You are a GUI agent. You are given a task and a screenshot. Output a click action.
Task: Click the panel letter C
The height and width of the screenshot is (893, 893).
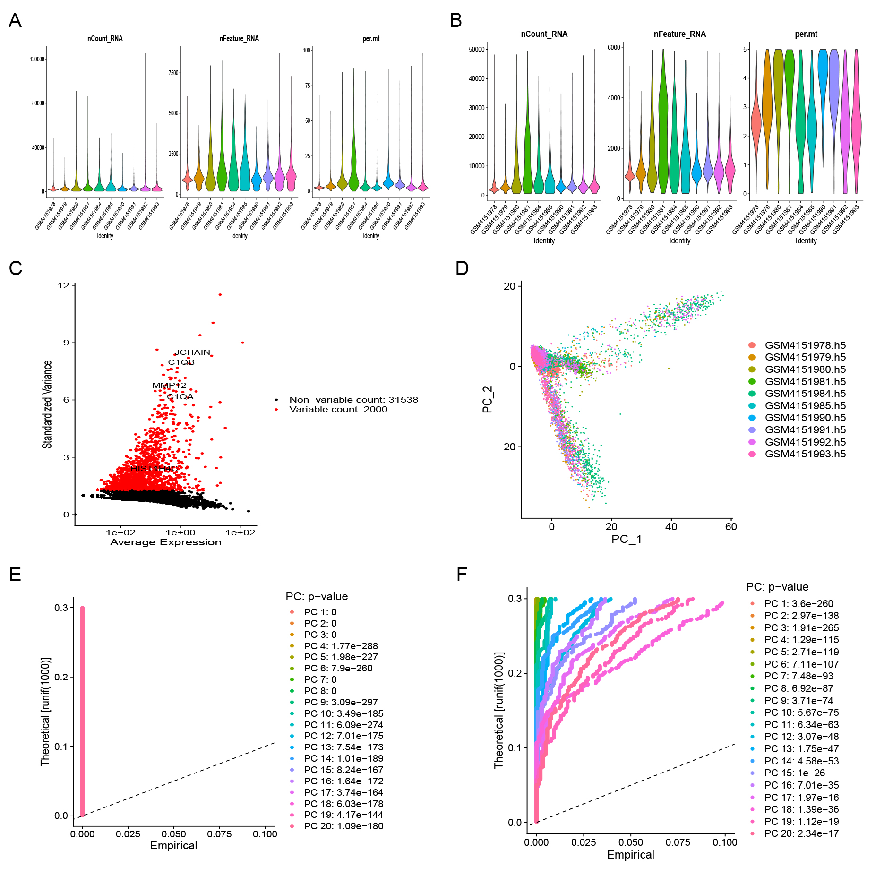click(16, 268)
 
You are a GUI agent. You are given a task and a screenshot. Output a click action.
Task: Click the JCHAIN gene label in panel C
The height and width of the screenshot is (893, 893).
click(193, 352)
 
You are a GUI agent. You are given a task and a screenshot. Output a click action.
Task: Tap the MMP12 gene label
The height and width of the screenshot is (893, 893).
click(169, 386)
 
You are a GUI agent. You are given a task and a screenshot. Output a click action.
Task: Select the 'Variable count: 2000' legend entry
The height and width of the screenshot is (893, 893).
click(338, 409)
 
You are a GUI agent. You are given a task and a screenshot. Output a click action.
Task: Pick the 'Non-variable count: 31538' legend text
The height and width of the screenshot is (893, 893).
click(353, 400)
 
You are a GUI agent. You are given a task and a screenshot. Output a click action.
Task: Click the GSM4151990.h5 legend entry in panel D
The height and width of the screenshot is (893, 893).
click(805, 418)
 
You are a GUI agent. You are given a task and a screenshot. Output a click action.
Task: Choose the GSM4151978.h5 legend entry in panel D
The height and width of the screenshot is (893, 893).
click(805, 345)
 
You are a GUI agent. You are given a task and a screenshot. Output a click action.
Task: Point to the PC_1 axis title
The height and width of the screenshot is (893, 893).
click(627, 539)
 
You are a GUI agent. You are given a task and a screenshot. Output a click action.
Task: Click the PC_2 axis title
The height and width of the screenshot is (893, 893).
click(487, 400)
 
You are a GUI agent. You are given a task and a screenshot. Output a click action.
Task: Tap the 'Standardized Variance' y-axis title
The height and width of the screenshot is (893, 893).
click(47, 404)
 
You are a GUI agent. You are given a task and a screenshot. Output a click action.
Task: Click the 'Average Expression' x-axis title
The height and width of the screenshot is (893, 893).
click(166, 542)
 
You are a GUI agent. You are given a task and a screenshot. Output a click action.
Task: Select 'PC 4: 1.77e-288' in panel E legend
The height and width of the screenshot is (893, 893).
click(341, 646)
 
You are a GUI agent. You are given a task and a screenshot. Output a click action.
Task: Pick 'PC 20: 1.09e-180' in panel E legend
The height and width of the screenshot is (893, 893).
click(343, 826)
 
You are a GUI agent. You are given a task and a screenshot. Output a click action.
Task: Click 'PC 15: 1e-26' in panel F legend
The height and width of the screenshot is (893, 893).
click(794, 773)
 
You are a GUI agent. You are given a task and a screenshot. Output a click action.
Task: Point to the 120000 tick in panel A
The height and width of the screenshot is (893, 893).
click(37, 60)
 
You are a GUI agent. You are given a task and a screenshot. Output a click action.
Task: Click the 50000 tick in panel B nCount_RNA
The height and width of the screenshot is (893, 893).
click(476, 50)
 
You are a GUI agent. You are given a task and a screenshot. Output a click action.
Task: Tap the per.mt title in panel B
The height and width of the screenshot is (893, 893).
click(806, 34)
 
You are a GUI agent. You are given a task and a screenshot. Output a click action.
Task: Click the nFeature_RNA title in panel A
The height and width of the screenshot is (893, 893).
click(239, 39)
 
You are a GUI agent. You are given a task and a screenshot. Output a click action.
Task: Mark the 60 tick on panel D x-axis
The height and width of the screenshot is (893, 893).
click(731, 527)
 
